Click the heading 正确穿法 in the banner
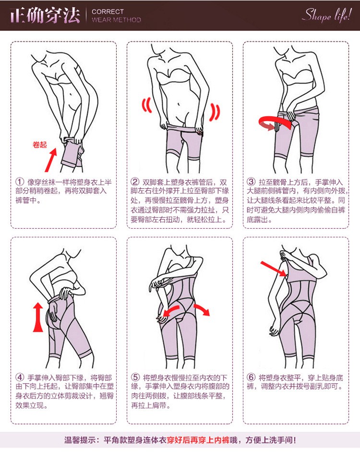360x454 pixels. coord(45,15)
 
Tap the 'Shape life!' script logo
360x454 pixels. coord(327,15)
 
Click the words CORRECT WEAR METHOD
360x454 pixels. coord(116,16)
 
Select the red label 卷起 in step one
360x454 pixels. coord(40,145)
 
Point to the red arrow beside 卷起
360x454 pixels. coord(51,160)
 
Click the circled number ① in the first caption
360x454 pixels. coord(20,182)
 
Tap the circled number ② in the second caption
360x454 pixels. coord(135,182)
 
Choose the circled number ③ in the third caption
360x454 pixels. coord(251,182)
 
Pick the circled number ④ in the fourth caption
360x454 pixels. coord(20,377)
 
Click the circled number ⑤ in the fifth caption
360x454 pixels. coord(135,377)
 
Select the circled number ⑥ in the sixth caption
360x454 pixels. coord(251,377)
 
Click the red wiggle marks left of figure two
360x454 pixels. coord(147,105)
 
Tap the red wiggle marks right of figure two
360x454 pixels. coord(215,112)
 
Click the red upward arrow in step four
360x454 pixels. coord(38,317)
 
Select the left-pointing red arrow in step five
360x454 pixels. coord(171,311)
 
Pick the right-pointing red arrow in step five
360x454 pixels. coord(202,309)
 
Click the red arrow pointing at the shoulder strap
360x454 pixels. coord(273,269)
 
